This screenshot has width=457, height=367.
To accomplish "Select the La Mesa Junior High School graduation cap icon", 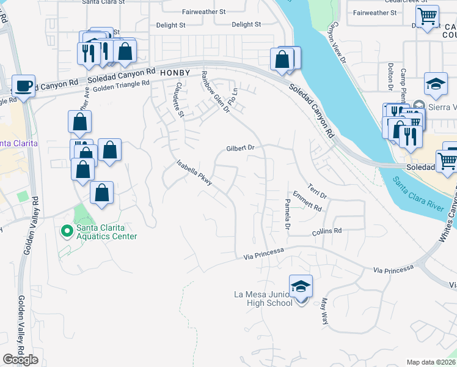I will (x=301, y=286).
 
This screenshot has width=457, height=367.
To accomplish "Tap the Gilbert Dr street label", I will (x=240, y=148).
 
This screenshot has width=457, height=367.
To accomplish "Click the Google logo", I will (x=20, y=360).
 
